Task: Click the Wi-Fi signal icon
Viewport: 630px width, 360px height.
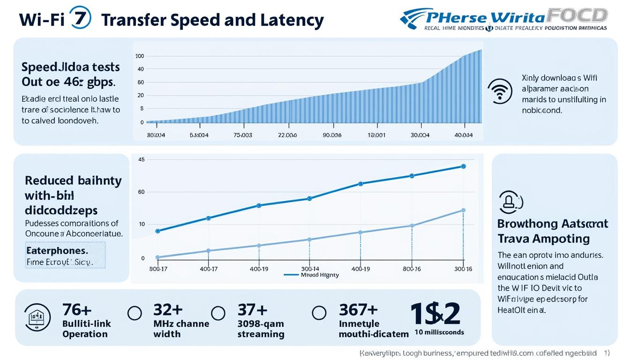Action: pos(500,90)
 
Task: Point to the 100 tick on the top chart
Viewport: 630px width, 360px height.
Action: pos(139,56)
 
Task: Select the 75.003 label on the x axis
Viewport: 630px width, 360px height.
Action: pos(243,135)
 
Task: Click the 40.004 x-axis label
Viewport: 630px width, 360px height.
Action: pos(464,135)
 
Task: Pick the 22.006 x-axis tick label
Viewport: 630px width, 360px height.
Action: pos(287,135)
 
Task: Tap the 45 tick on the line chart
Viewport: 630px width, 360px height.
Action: pos(142,160)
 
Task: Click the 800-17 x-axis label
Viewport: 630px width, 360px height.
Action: pos(157,269)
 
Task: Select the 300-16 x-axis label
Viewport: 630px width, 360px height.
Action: pos(463,269)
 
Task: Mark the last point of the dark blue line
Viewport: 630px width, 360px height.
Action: pos(464,166)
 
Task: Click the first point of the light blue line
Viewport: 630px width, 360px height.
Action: pos(157,257)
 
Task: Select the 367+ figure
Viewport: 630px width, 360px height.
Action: pos(358,310)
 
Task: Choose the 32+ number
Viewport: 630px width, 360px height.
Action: pos(167,310)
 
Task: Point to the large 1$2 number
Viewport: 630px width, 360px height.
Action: pos(435,313)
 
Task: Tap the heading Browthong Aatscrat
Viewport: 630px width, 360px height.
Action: pos(553,224)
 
